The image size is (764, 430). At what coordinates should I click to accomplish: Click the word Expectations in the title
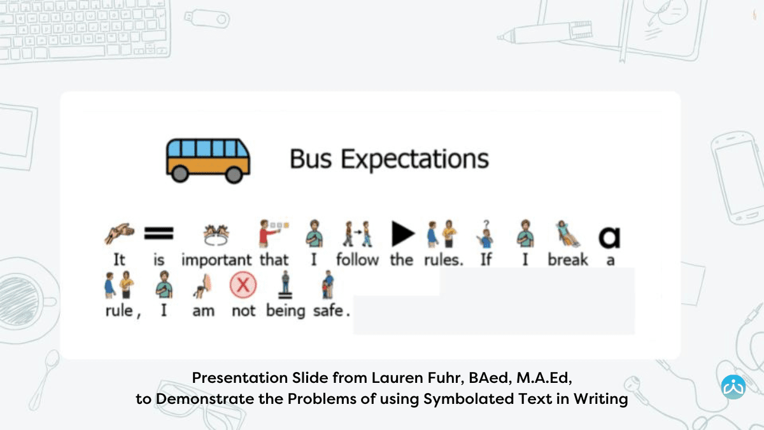414,159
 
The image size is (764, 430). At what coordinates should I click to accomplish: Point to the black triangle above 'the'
402,234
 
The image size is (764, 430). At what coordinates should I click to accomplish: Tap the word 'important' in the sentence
216,260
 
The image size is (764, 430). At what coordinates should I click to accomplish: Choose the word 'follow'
357,260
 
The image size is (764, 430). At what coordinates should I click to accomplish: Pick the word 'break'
568,260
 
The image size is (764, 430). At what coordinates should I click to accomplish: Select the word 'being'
285,312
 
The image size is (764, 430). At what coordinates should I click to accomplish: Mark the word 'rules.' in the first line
444,260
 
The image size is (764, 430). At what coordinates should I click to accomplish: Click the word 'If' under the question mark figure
486,260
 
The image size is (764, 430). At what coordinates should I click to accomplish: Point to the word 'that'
274,260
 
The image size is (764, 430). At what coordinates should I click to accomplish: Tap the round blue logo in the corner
733,387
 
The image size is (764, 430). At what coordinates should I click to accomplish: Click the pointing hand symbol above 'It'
119,234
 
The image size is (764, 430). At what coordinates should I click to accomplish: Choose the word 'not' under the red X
243,311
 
